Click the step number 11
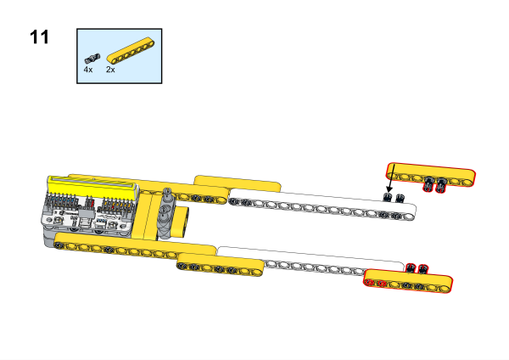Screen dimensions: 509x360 point(39,37)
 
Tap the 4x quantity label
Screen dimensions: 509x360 point(88,70)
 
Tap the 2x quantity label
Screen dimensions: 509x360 point(110,70)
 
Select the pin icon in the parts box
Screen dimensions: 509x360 point(92,59)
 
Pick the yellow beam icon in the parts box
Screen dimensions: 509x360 point(131,50)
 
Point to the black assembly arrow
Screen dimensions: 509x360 point(391,178)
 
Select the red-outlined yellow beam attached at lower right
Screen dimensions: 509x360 point(408,281)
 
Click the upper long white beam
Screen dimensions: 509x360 point(322,205)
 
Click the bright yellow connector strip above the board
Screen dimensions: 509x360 point(92,187)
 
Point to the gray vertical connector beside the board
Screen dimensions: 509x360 point(166,213)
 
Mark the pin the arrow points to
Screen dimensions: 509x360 point(388,197)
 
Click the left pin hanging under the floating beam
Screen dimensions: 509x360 point(428,184)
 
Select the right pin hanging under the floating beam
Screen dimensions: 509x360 point(440,184)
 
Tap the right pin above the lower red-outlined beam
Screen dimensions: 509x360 point(422,268)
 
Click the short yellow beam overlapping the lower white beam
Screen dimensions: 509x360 point(220,265)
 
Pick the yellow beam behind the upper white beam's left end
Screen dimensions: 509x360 point(238,183)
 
